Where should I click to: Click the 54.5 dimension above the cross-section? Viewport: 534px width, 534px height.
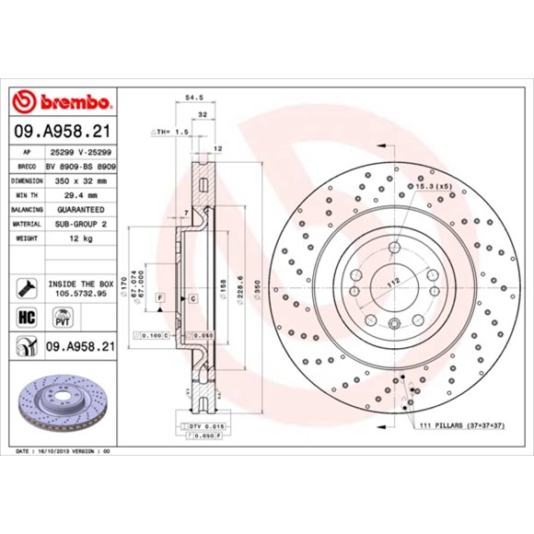tap(194, 95)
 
